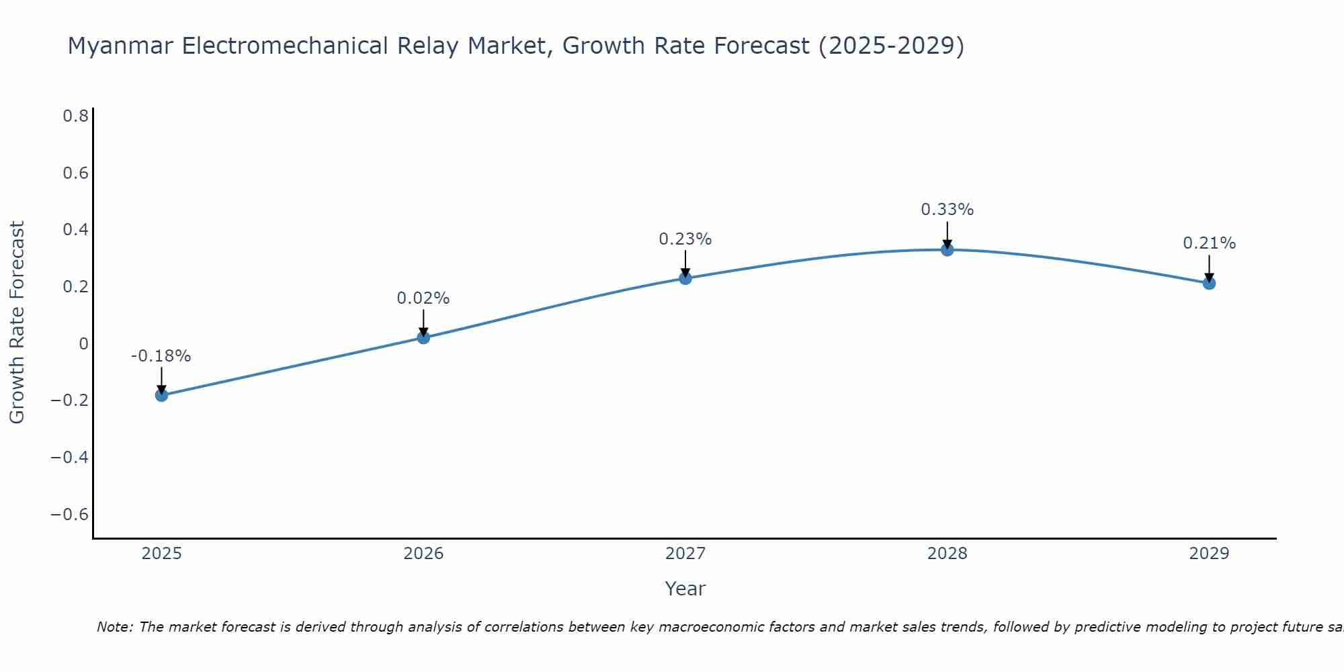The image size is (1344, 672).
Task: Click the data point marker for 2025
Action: point(161,394)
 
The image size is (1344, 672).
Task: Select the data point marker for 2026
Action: point(423,337)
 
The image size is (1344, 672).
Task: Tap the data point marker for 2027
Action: point(685,278)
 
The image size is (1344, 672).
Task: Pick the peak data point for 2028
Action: point(947,250)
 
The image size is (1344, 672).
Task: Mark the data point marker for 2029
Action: point(1209,284)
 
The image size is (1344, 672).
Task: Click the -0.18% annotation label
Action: point(161,356)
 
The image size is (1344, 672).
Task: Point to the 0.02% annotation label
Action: point(423,298)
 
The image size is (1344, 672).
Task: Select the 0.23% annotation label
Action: point(685,239)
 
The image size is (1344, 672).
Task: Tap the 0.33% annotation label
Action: point(947,210)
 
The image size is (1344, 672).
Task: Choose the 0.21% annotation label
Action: point(1209,243)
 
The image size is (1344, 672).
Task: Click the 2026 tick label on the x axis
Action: point(423,554)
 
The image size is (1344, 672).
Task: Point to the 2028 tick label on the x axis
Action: point(947,554)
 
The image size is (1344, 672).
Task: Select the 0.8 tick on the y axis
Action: point(76,116)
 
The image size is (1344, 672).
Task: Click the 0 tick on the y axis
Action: point(83,343)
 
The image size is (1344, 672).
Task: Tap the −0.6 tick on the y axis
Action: point(70,514)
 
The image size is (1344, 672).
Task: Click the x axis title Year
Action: point(685,589)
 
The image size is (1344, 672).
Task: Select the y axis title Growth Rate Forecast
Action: point(17,322)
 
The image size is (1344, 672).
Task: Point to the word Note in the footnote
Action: point(114,627)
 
